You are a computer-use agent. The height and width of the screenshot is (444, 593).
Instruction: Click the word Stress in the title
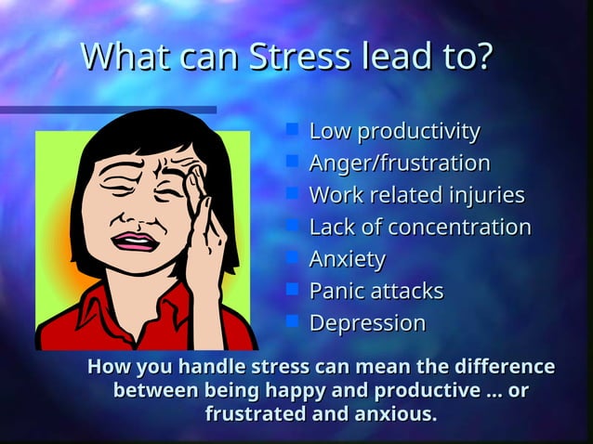pos(296,57)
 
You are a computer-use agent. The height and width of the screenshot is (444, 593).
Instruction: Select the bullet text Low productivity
pos(394,131)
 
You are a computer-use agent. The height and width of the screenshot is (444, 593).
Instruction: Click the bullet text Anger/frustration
pos(400,163)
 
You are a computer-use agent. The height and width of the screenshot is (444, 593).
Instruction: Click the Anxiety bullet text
pos(347,259)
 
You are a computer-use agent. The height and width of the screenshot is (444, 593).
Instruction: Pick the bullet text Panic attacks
pos(376,291)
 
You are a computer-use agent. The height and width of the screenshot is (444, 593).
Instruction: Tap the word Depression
pos(367,323)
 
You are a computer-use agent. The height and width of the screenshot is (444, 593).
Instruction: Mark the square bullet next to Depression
pos(292,320)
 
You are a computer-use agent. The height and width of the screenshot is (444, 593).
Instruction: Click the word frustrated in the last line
pos(256,413)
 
